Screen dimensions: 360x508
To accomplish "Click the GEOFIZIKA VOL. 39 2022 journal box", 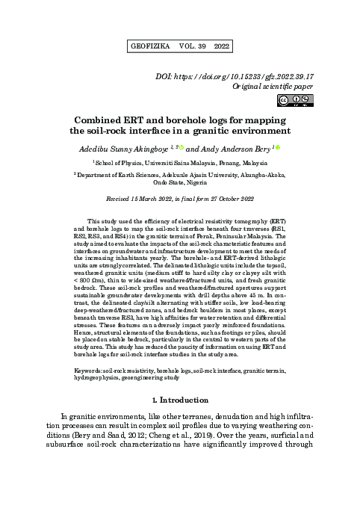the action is click(x=179, y=46).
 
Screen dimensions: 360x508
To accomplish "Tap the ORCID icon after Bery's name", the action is click(x=278, y=146).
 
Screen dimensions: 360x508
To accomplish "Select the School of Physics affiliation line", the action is click(x=179, y=161).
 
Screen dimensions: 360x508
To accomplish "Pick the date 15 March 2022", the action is click(x=154, y=199).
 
